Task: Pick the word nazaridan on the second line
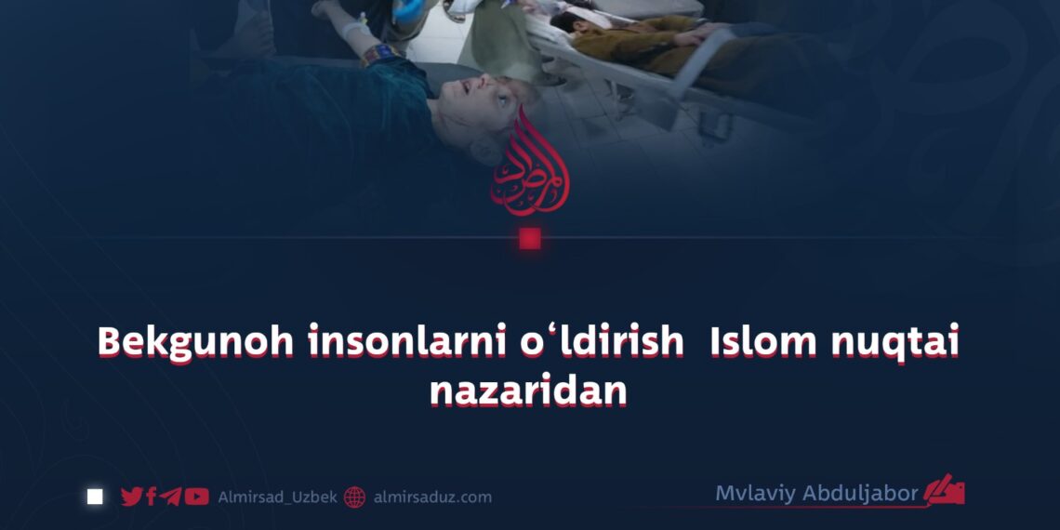528,391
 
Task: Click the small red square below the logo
530,239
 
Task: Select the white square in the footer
95,497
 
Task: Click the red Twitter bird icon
132,497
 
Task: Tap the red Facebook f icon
151,497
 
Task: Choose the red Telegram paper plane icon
170,497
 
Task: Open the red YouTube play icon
196,497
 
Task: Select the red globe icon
354,497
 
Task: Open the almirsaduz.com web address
432,497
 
